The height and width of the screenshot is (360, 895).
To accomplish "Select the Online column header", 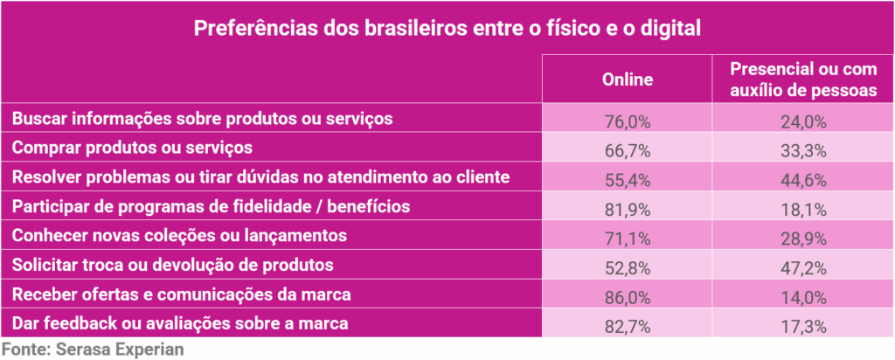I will [628, 80].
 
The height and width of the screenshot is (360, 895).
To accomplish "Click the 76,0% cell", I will [628, 119].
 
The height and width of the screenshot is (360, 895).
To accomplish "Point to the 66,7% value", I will [628, 147].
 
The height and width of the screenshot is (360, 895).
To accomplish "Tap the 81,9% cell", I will [628, 206].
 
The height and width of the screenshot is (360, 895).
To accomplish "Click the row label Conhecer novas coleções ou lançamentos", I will [180, 236].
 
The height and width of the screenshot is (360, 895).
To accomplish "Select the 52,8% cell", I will [628, 266].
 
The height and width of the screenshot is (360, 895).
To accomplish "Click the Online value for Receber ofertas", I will [628, 294].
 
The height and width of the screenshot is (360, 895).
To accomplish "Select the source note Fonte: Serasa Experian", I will [92, 349].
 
